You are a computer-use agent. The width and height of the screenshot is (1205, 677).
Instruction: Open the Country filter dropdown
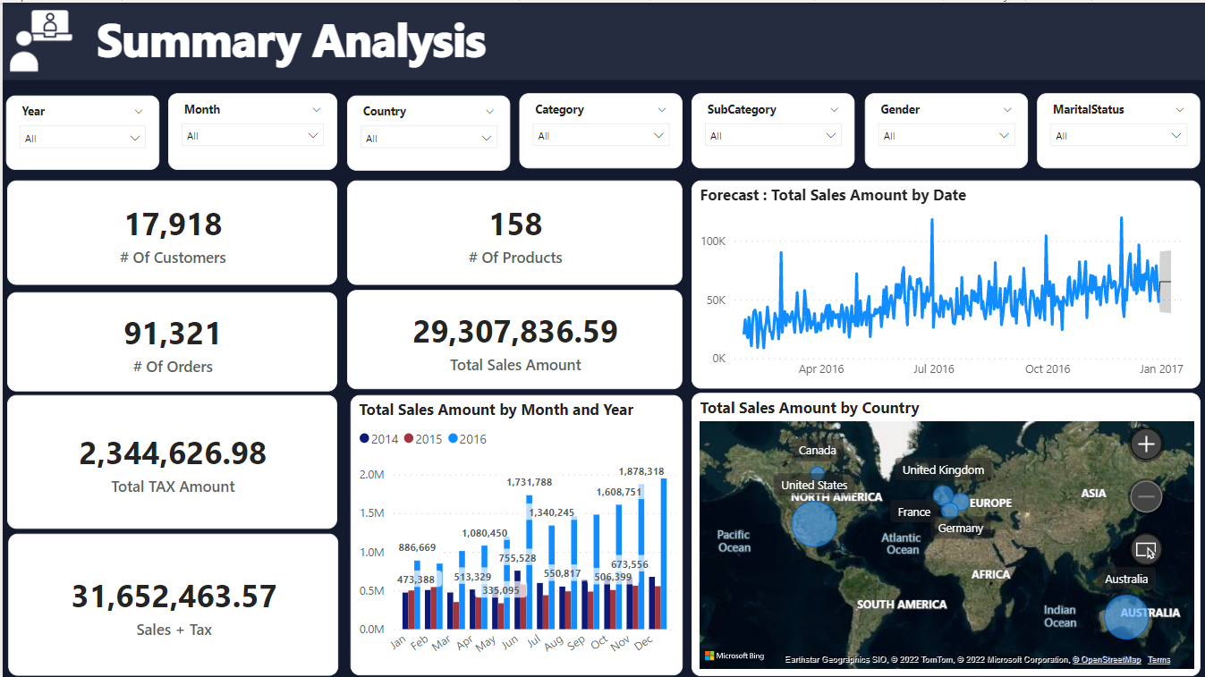(428, 138)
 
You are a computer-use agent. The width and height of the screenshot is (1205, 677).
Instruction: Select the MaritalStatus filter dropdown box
(1118, 136)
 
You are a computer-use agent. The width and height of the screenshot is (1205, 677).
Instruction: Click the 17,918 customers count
(173, 224)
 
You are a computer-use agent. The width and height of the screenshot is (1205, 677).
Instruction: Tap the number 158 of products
(515, 224)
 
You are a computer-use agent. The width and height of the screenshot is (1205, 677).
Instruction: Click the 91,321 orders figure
(173, 334)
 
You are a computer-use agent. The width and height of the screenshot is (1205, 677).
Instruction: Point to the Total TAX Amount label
(173, 487)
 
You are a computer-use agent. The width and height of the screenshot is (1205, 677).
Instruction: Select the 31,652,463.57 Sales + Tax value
(174, 597)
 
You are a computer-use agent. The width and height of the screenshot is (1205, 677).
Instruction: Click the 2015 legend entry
(423, 439)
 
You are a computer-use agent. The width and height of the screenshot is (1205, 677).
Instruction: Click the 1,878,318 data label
(641, 471)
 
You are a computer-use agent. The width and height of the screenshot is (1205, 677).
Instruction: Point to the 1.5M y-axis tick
(371, 513)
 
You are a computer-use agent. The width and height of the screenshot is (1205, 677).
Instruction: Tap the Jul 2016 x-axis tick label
(933, 368)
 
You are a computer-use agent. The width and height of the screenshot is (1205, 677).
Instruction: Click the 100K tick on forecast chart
(712, 241)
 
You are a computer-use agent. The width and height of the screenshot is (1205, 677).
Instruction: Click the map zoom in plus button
(1146, 444)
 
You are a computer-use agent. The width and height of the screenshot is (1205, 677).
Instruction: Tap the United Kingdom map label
(943, 470)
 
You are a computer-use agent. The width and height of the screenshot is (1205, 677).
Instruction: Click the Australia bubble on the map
(1124, 617)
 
